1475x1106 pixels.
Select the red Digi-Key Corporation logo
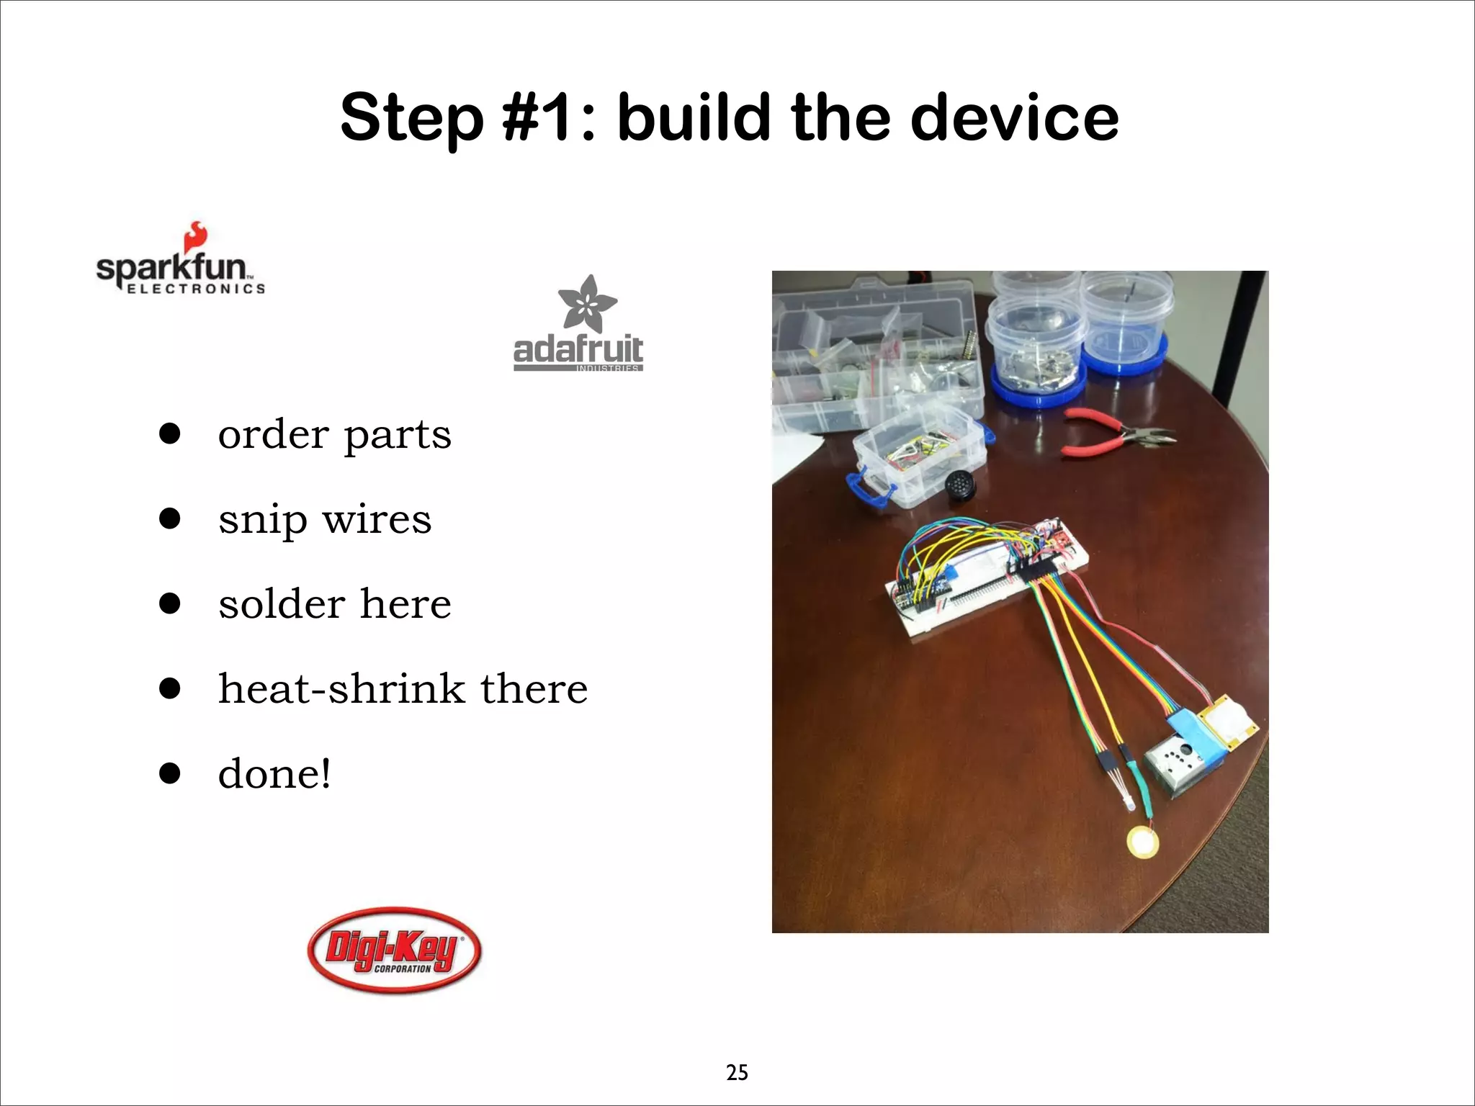(394, 950)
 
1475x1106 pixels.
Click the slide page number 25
(737, 1073)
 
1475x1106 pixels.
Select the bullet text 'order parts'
(334, 434)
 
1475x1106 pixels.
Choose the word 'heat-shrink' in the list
(341, 688)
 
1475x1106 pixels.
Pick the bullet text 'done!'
(274, 774)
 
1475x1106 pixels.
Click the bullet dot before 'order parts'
(170, 434)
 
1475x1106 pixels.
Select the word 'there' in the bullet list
(534, 688)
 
